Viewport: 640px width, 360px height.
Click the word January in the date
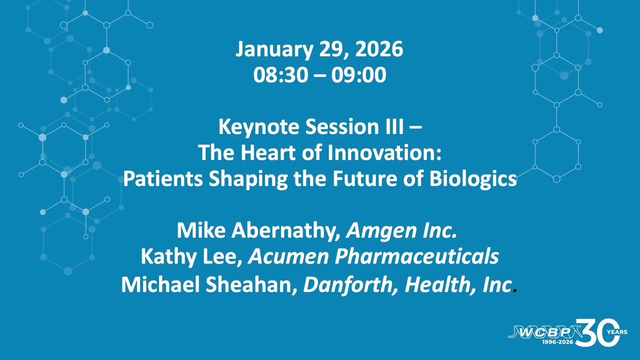(x=274, y=50)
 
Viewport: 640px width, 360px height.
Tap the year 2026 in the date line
(x=379, y=49)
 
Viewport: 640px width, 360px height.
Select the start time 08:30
(x=281, y=75)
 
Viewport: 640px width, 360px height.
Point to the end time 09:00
(x=359, y=75)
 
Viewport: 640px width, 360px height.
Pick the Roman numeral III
(x=395, y=127)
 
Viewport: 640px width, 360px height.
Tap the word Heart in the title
(x=268, y=153)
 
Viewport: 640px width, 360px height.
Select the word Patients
(x=163, y=179)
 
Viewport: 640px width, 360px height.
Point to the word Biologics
(x=473, y=179)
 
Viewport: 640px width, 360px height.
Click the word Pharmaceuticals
(x=417, y=256)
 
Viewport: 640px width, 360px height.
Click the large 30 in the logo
(x=597, y=333)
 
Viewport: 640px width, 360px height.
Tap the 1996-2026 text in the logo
(x=557, y=342)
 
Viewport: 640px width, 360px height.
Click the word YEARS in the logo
(x=617, y=332)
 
